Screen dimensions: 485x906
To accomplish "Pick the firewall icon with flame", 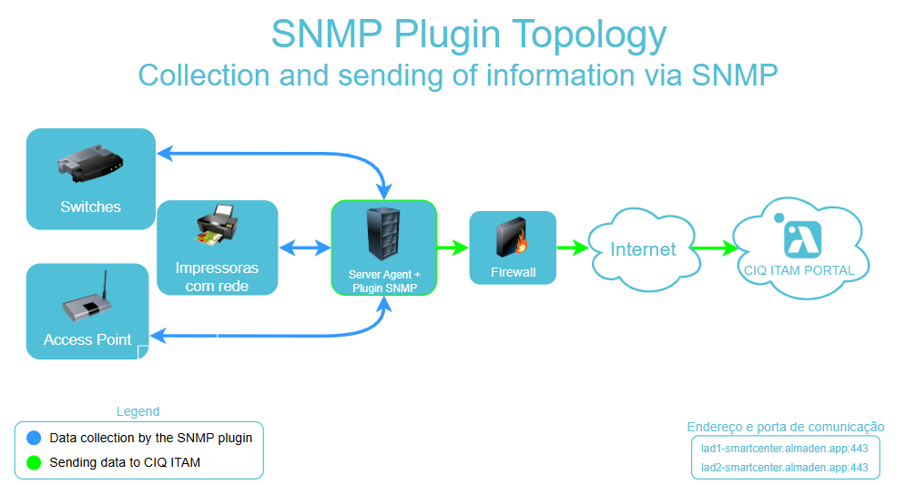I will tap(513, 238).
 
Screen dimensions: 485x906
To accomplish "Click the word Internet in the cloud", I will tap(643, 249).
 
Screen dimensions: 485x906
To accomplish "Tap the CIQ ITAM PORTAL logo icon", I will tap(802, 238).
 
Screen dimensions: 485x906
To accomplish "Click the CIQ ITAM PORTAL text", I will tap(799, 270).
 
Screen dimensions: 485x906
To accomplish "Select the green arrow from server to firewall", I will tap(453, 247).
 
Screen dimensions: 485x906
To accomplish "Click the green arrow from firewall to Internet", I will tap(572, 247).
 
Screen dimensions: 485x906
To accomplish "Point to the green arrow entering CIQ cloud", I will tap(713, 248).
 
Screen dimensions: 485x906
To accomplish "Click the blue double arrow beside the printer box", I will tap(305, 248).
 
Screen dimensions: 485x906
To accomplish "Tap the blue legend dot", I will tap(35, 438).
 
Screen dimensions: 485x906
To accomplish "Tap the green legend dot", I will tap(35, 462).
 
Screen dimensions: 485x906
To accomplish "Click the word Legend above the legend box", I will tap(137, 411).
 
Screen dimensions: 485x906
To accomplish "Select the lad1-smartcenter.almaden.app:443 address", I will tap(784, 448).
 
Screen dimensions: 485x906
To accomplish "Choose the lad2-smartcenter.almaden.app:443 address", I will tap(784, 468).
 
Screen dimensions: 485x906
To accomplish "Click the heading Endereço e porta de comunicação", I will tap(785, 427).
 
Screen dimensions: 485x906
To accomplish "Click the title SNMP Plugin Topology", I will tap(469, 35).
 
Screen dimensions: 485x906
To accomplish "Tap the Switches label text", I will tap(90, 207).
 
